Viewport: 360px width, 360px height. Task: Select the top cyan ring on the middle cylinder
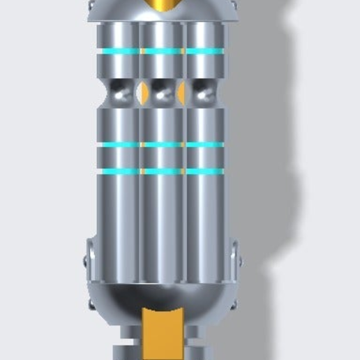[x=162, y=51]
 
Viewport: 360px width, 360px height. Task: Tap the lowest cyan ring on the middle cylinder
[x=162, y=171]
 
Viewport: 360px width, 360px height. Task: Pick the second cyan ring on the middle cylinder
[x=162, y=144]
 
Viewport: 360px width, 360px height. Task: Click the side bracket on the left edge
[x=89, y=272]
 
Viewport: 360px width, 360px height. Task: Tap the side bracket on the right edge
[x=235, y=272]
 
